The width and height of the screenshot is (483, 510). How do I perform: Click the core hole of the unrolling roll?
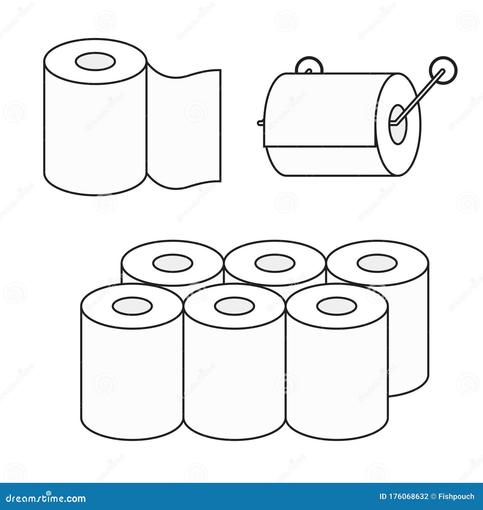[x=95, y=62]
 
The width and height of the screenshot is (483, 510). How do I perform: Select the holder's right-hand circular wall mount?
[x=443, y=71]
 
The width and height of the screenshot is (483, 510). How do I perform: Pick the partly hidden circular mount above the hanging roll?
[x=309, y=65]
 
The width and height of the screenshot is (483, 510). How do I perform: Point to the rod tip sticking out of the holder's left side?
[x=260, y=123]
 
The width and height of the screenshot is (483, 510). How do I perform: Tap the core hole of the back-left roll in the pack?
[x=172, y=263]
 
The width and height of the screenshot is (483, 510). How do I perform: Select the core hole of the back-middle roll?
[x=275, y=263]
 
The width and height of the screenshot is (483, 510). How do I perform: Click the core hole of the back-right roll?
[x=377, y=263]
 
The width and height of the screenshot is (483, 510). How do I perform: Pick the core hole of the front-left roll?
[x=132, y=306]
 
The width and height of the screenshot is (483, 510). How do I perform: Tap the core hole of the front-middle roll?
[x=234, y=306]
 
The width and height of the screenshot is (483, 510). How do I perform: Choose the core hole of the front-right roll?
[x=337, y=306]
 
